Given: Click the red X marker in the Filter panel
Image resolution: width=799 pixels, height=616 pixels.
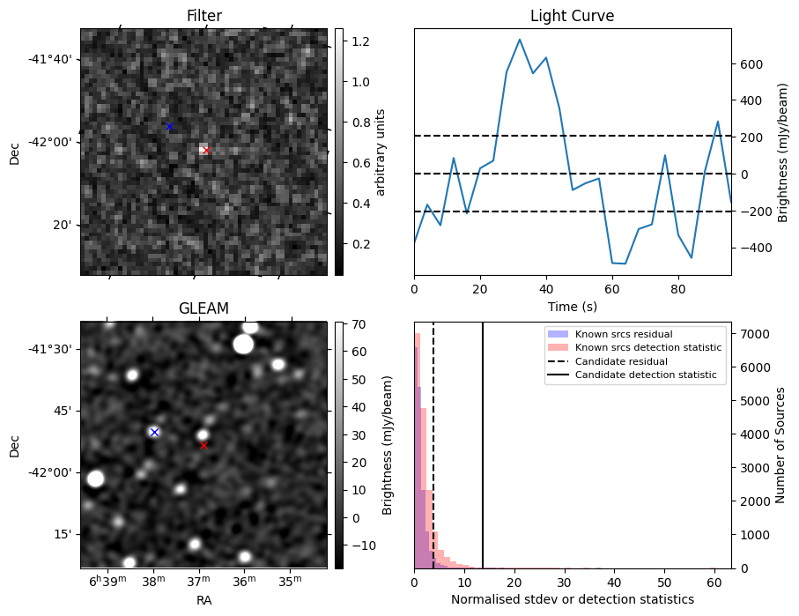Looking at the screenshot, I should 206,150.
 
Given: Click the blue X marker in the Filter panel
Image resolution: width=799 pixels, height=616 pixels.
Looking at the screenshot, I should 169,127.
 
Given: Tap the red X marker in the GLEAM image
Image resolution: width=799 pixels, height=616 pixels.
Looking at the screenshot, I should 203,445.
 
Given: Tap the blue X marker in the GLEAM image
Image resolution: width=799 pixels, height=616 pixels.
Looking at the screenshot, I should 154,432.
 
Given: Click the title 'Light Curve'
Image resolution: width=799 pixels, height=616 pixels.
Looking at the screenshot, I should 572,16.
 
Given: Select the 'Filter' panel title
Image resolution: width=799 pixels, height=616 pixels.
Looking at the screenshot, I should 203,16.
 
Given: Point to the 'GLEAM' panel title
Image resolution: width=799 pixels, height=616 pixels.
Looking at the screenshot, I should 203,308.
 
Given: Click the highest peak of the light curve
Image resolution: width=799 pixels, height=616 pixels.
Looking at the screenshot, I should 520,40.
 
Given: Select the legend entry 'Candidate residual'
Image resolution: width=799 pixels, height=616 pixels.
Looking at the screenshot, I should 621,361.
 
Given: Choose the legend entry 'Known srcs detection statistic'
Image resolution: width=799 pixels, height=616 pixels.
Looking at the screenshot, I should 647,347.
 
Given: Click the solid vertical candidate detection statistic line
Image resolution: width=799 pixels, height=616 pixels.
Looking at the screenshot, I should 483,441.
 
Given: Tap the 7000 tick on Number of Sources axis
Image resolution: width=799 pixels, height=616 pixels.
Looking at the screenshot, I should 754,334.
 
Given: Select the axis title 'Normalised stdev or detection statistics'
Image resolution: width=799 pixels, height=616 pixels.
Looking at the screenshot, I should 572,599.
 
